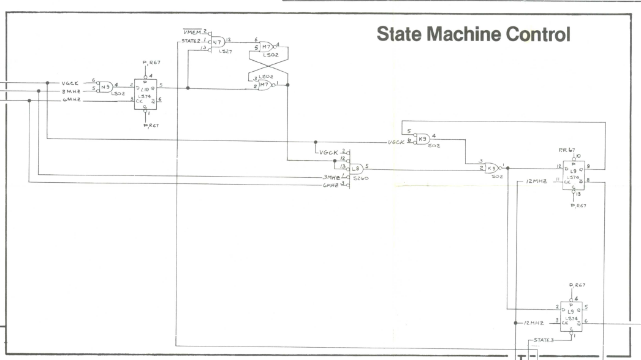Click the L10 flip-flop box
(146, 92)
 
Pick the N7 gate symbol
(216, 42)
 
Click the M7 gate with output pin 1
(267, 86)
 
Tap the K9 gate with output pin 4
(423, 139)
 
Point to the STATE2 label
(191, 41)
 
